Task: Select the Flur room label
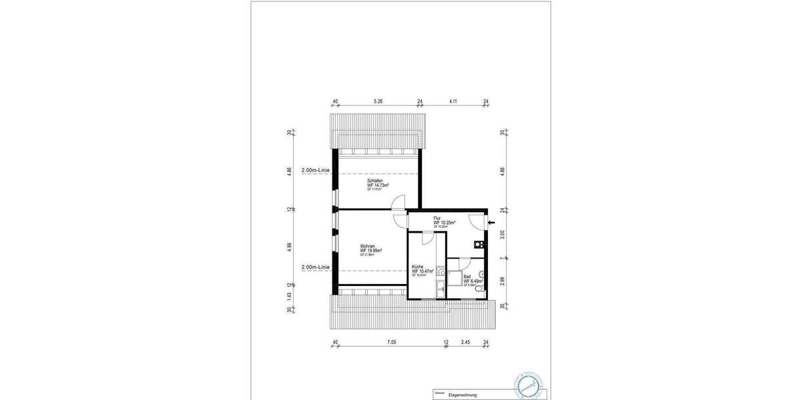pos(438,218)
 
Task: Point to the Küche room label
pos(419,267)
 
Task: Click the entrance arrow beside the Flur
pos(491,223)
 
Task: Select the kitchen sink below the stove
pos(441,287)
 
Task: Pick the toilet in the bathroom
pos(480,289)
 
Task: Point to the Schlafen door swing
pos(399,202)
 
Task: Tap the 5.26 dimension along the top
pos(378,101)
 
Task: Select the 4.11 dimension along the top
pos(453,101)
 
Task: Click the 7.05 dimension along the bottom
pos(391,343)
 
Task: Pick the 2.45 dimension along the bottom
pos(466,343)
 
